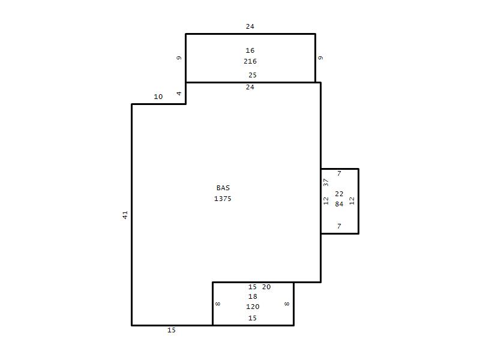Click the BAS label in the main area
point(223,188)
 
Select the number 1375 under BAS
point(223,199)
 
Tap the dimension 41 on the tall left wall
point(125,215)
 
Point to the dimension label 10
point(158,97)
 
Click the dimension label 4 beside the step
point(179,94)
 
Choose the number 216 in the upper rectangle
point(250,61)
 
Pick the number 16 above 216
point(250,50)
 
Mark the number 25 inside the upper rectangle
point(252,75)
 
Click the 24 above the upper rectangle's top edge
point(250,26)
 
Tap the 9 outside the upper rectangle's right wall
point(320,58)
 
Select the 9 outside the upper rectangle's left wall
point(179,58)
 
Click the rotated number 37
point(326,182)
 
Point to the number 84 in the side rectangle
point(339,204)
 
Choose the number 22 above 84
point(339,194)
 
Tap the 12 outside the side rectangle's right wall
point(352,200)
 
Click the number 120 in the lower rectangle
point(253,307)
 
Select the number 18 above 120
point(253,296)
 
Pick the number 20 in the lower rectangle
point(266,287)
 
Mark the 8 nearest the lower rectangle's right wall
point(287,304)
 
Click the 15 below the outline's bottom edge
point(172,330)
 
